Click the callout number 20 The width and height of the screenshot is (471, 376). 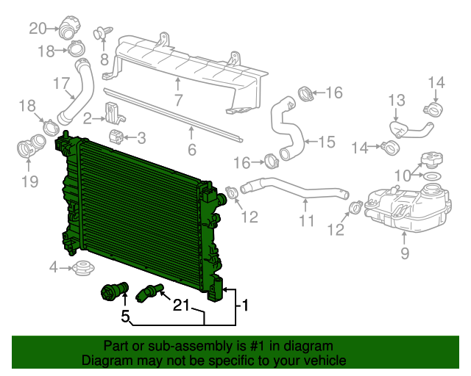point(38,29)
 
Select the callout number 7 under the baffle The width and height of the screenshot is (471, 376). point(178,99)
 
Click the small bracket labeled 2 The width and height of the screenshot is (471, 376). point(113,114)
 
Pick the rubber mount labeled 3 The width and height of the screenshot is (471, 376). point(116,137)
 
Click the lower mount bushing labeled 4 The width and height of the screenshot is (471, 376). point(82,268)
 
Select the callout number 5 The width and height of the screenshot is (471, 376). point(126,317)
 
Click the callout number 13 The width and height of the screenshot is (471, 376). point(397,99)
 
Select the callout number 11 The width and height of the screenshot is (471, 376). point(307,220)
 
